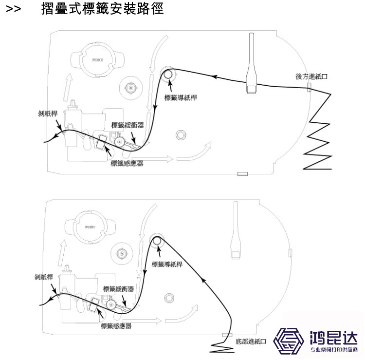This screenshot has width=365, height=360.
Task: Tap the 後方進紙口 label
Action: (x=311, y=76)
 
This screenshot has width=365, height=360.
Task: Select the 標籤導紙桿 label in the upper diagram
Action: (x=181, y=97)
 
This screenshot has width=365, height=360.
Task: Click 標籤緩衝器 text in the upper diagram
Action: (x=128, y=125)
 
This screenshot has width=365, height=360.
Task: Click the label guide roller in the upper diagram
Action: (x=168, y=74)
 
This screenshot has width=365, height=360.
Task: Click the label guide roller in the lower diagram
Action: (x=156, y=241)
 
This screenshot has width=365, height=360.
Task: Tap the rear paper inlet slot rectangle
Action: (x=309, y=87)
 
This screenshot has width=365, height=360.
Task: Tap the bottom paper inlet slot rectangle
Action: (x=226, y=335)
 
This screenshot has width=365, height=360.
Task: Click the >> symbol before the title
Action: (x=13, y=9)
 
